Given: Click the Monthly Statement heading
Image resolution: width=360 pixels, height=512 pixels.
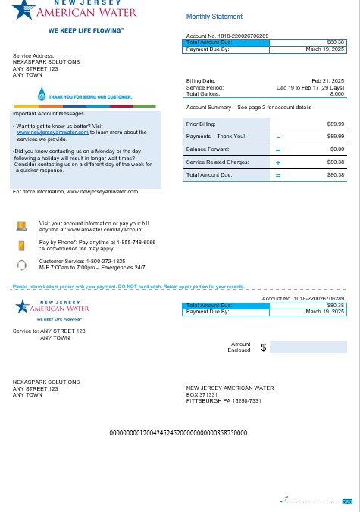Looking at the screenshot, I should pos(214,17).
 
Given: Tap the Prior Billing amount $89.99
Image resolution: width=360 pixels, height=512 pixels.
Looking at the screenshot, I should pos(335,123).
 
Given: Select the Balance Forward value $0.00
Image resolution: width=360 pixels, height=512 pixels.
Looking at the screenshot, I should pos(336,149).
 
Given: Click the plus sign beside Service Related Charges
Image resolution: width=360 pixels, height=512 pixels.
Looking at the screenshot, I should pos(278,162).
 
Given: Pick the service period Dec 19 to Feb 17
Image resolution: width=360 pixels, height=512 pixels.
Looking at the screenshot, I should pos(311,86).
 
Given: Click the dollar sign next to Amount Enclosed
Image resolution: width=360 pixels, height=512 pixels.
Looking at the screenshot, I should pos(263,347).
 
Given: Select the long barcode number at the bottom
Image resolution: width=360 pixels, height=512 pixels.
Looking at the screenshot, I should pos(179,432).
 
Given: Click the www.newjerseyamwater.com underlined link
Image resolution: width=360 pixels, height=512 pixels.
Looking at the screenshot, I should pos(52,131).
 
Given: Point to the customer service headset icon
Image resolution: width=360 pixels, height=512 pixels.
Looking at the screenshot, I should pos(22,265).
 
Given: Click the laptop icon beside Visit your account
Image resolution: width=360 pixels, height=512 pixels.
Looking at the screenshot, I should pos(22,225).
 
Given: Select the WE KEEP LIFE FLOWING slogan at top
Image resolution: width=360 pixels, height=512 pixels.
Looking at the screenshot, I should pos(86,31).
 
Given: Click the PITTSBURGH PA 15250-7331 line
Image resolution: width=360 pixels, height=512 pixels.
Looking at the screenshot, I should pos(224,400).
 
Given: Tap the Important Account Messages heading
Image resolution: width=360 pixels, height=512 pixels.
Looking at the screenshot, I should pos(44,113).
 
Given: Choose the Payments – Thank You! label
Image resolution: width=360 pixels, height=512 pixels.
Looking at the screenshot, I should pos(215,136).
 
